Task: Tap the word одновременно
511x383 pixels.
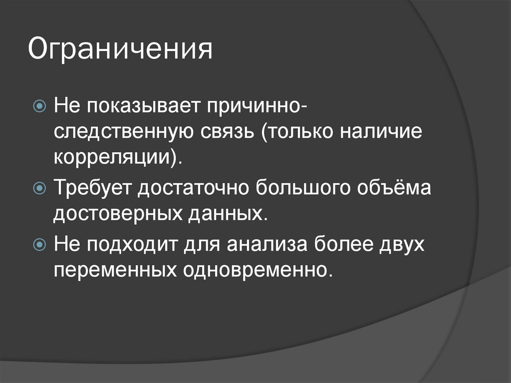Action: coord(257,271)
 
